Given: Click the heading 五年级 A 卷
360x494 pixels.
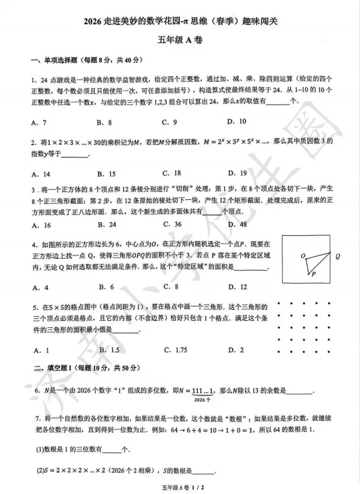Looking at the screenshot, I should point(180,41).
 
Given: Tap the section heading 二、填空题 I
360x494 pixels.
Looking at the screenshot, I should point(50,369).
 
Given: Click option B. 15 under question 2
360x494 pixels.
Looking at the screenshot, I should point(106,174).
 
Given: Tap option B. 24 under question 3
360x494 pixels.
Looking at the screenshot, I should point(106,225).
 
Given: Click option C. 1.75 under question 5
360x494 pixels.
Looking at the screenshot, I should point(176,350).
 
